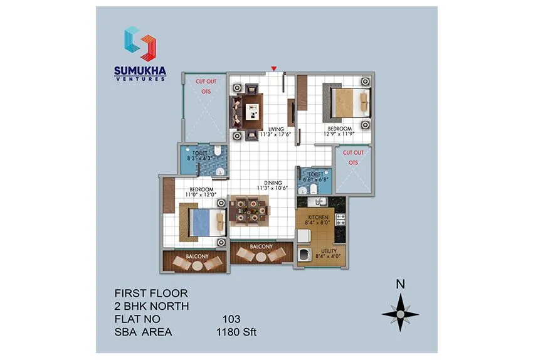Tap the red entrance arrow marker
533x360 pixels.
coord(273,68)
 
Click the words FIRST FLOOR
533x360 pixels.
coord(150,293)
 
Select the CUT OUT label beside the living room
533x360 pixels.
coord(206,82)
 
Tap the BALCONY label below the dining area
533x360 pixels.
coord(261,247)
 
